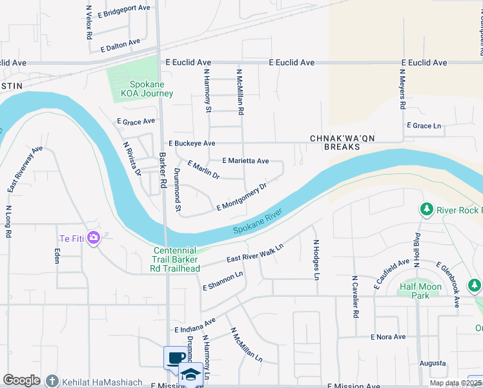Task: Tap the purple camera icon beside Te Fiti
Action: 94,238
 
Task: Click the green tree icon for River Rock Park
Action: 426,210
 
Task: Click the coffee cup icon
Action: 175,358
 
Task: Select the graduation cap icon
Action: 191,374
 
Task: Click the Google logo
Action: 21,380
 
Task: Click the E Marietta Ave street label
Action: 245,160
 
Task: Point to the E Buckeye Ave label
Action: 191,143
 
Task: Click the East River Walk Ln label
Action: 255,254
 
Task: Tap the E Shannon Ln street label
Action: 223,281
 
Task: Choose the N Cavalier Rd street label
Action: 355,297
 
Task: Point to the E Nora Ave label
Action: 387,337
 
